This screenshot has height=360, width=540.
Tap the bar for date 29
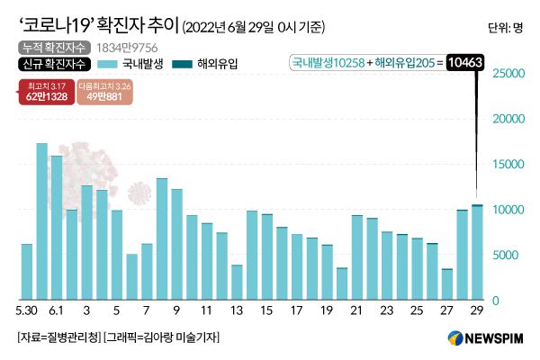477,253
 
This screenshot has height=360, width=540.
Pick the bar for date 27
447,283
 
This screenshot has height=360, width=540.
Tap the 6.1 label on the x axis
57,310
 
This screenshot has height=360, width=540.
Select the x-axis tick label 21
356,310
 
